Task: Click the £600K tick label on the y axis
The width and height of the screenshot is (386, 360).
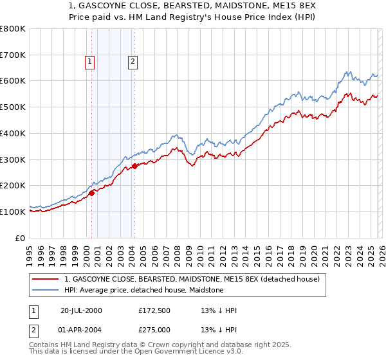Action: tap(13, 81)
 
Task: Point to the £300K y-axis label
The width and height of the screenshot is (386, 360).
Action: tap(13, 159)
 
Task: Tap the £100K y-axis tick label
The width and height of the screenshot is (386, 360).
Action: tap(13, 212)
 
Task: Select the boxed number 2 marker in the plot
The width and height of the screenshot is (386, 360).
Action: tap(132, 62)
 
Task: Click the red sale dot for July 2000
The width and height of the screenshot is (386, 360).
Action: tap(92, 192)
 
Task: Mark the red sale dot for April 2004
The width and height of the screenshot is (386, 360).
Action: tap(134, 166)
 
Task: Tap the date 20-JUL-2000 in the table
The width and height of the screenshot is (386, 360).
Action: tap(81, 310)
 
